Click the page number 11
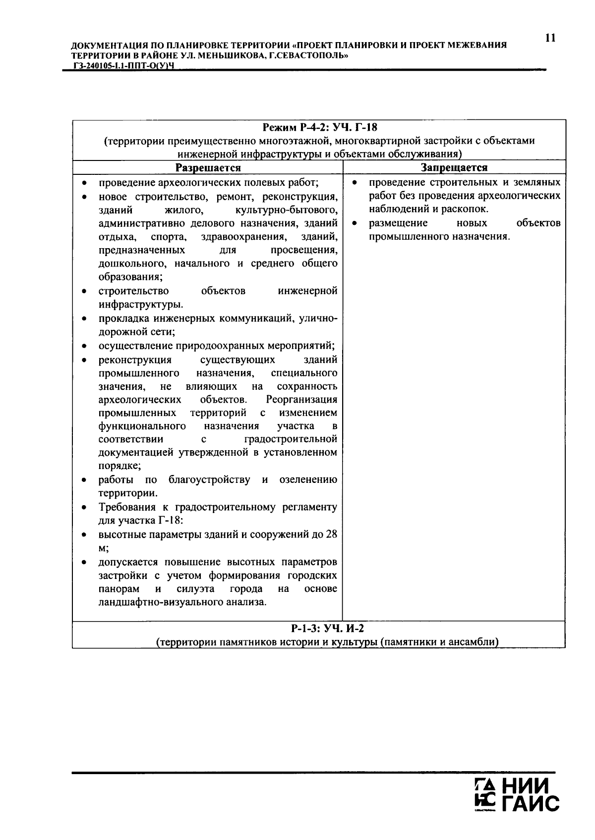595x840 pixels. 549,38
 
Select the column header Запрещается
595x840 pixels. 454,168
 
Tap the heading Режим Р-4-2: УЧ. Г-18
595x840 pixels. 320,128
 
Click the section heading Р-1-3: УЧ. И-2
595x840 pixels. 327,629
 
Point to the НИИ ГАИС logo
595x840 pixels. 517,797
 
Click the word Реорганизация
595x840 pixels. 301,399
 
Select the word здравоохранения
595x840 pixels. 243,237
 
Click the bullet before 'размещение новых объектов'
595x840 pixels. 355,224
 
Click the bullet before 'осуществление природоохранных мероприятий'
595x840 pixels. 85,346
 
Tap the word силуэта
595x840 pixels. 195,589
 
